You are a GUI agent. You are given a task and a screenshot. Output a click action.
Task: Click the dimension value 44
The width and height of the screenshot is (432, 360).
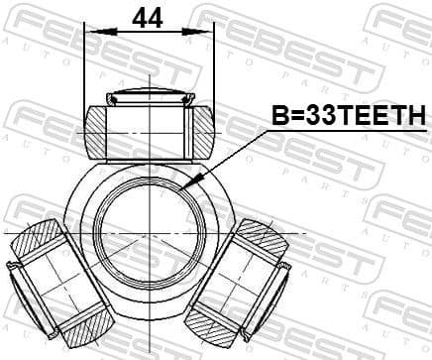click(148, 17)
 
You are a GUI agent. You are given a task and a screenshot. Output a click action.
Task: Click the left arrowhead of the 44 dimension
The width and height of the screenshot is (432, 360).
click(90, 32)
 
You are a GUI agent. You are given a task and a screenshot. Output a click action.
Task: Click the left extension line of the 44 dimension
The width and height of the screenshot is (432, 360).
click(85, 69)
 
